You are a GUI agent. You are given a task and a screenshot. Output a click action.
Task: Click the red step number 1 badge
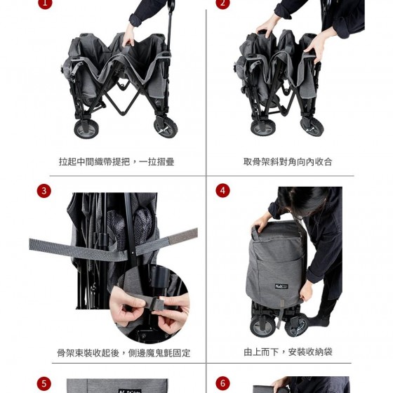(x=45, y=3)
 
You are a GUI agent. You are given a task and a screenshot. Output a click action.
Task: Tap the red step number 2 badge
(x=222, y=3)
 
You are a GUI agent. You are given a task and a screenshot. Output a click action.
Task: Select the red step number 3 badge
(x=44, y=191)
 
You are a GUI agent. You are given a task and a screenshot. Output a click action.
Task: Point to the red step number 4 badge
(x=222, y=190)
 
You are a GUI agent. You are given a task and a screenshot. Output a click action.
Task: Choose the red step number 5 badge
(x=44, y=384)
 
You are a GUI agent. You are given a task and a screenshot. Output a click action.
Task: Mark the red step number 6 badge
(x=222, y=383)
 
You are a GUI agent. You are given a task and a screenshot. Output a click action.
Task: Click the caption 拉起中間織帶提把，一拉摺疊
(x=116, y=162)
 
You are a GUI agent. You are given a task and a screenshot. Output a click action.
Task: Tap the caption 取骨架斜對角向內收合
(x=288, y=162)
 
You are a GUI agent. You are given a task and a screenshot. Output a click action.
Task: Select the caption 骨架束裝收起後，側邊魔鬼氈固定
(x=124, y=353)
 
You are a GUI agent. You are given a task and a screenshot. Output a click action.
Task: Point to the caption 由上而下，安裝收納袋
(x=288, y=352)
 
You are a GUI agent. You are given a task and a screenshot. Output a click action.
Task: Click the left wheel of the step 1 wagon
(x=86, y=129)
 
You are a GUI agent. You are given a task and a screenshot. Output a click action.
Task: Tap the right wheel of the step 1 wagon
(x=166, y=127)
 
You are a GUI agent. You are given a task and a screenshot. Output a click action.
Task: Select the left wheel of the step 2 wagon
(x=262, y=128)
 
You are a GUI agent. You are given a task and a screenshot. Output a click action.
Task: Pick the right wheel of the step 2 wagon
(x=312, y=127)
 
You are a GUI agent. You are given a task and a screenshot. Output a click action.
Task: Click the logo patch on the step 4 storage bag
(x=281, y=286)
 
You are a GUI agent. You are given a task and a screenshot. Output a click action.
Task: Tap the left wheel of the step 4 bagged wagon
(x=262, y=326)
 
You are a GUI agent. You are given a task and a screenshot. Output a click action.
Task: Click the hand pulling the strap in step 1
(x=129, y=35)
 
